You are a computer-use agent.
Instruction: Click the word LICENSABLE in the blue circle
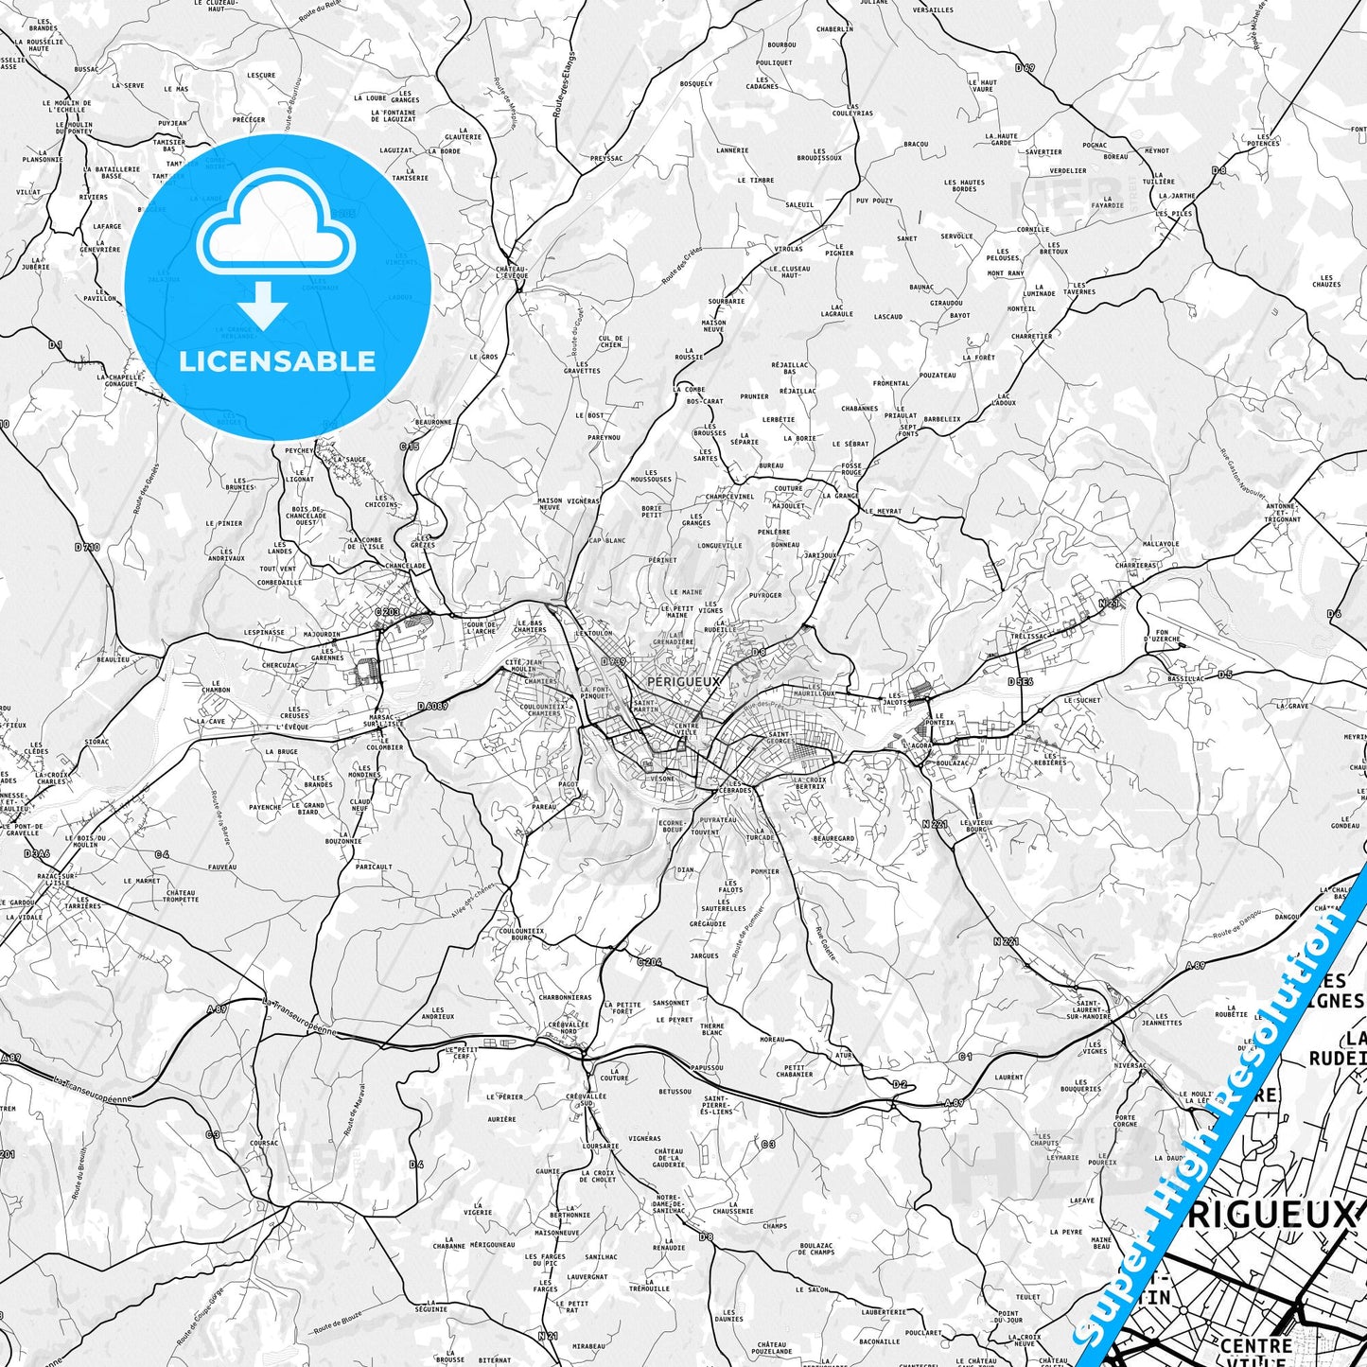(277, 360)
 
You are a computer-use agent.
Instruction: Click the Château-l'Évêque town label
(512, 272)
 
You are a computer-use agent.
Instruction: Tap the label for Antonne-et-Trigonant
(1284, 512)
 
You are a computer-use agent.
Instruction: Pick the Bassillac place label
(1185, 678)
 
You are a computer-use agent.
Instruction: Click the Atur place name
(844, 1055)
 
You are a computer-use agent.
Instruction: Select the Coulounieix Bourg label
(521, 934)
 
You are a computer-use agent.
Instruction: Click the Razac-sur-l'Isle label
(55, 879)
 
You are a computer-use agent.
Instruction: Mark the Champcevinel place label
(729, 496)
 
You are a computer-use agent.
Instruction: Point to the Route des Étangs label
(564, 85)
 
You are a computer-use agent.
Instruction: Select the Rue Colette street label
(826, 943)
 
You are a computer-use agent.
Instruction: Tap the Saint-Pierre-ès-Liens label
(718, 1104)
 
